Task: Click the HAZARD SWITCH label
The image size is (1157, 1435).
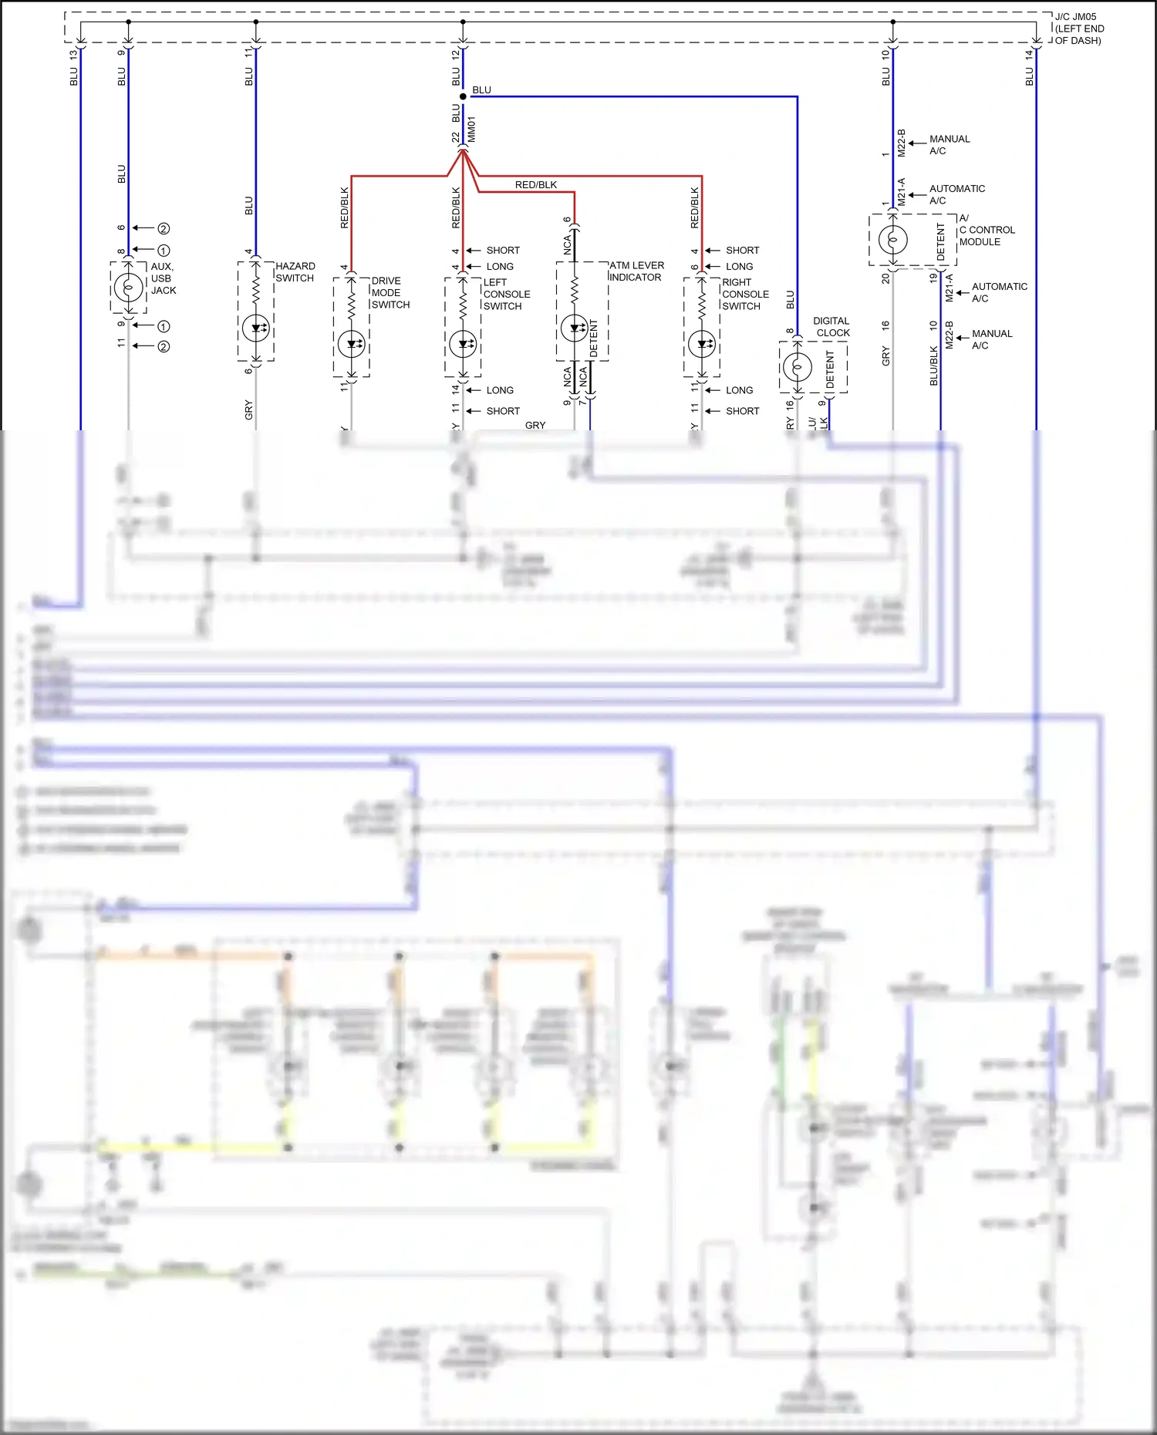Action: click(x=295, y=272)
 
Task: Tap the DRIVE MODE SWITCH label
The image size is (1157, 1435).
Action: click(x=390, y=293)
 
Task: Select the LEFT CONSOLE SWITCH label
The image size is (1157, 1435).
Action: click(x=506, y=295)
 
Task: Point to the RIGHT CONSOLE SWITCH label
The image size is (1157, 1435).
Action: click(x=745, y=295)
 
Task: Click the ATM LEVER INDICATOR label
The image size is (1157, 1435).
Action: click(x=636, y=271)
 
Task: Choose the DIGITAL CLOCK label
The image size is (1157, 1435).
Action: click(x=831, y=327)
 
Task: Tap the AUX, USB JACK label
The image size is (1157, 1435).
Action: click(x=163, y=278)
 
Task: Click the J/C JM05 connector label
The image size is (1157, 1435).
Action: click(x=1078, y=29)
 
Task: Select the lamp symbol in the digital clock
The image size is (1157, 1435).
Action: click(x=797, y=367)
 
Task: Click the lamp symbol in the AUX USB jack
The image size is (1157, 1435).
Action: click(x=128, y=288)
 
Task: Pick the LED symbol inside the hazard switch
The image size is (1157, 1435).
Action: click(x=256, y=328)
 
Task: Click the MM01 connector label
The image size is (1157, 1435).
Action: click(x=471, y=130)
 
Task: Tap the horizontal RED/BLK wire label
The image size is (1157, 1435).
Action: click(x=536, y=185)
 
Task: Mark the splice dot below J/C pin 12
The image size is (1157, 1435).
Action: click(x=463, y=96)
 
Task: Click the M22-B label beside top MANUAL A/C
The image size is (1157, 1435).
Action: click(x=901, y=143)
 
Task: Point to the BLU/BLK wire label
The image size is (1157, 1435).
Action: click(x=934, y=365)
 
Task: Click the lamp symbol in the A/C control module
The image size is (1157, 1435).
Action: click(x=892, y=240)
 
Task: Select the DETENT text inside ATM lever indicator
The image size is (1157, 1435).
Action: click(x=593, y=339)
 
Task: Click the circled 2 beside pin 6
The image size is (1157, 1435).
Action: click(x=164, y=229)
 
